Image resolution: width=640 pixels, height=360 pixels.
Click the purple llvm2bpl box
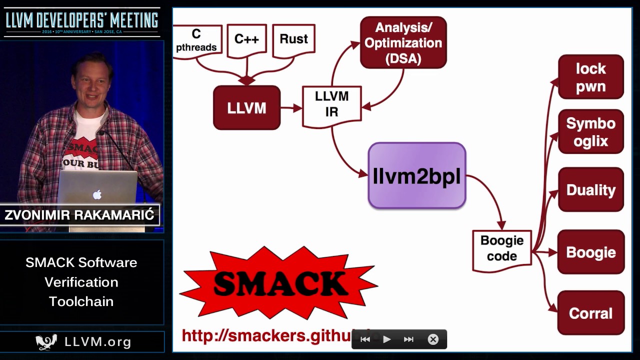click(x=417, y=175)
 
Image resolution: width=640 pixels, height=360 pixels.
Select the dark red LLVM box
click(x=246, y=108)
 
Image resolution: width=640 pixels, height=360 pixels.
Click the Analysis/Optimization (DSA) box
click(x=403, y=42)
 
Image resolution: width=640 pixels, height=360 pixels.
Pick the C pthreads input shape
click(x=197, y=41)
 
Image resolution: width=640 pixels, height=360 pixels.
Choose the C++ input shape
click(x=246, y=40)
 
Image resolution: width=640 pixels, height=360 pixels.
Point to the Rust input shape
click(x=293, y=39)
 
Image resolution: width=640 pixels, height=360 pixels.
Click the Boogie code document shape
click(x=501, y=248)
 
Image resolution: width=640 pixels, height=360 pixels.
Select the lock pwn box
click(x=590, y=77)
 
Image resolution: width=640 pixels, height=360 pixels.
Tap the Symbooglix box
click(x=590, y=132)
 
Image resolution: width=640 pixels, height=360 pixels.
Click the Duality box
click(x=590, y=190)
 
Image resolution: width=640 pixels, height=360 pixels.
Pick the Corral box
click(x=590, y=313)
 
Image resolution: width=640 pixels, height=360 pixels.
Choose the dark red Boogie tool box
click(x=590, y=252)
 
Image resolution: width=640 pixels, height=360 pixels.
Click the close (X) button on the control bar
click(x=433, y=339)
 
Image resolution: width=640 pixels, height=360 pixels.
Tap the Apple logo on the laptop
click(x=97, y=194)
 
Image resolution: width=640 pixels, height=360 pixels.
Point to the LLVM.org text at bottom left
click(x=97, y=342)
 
